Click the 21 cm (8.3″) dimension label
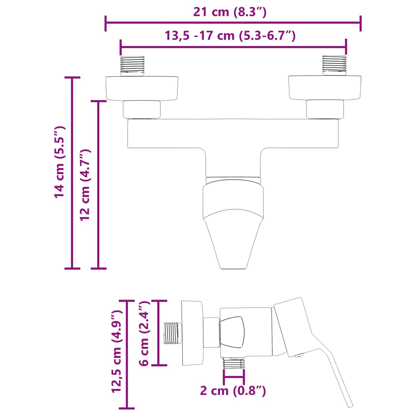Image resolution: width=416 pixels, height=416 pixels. click(x=230, y=12)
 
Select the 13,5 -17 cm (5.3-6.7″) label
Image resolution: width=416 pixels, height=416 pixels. click(x=230, y=36)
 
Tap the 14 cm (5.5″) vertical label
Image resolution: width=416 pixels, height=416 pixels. click(x=60, y=162)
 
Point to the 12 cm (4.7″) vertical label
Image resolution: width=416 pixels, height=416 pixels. click(x=85, y=185)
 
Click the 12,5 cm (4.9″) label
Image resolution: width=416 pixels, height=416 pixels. click(x=117, y=351)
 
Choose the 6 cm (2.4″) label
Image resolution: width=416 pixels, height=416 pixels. click(x=145, y=333)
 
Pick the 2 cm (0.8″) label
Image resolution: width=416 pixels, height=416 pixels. click(x=233, y=391)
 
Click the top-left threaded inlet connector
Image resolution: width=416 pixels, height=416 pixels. click(x=132, y=66)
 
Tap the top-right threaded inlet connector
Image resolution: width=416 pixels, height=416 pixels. click(x=334, y=65)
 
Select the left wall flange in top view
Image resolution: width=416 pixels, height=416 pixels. click(x=142, y=88)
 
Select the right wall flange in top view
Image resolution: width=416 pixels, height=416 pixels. click(x=325, y=88)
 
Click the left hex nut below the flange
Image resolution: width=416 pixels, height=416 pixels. click(x=142, y=109)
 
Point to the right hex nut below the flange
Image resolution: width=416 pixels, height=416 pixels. click(x=325, y=109)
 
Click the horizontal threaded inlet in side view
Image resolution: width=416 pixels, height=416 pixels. click(x=172, y=333)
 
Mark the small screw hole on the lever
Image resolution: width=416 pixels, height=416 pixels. click(x=299, y=356)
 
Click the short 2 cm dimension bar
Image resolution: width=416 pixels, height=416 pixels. click(x=234, y=377)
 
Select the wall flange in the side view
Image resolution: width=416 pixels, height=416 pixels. click(x=192, y=333)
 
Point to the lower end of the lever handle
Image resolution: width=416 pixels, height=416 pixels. click(x=349, y=403)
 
